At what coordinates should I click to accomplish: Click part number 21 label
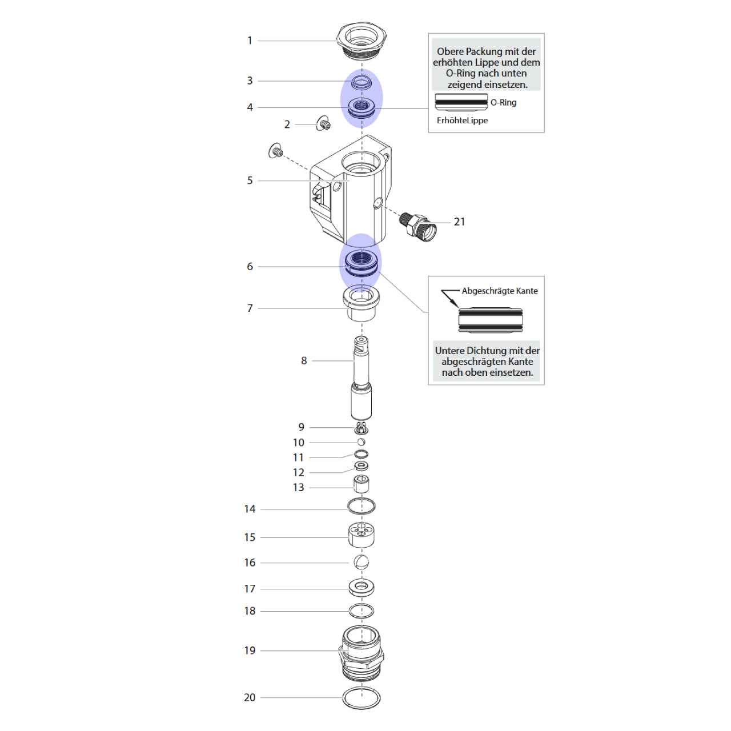tap(459, 222)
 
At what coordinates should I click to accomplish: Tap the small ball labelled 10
tap(361, 441)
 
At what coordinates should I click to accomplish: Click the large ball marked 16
tap(361, 562)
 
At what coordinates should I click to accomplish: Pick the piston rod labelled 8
tap(362, 378)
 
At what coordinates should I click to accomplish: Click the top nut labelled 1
tap(362, 41)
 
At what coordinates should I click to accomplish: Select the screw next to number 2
tap(323, 123)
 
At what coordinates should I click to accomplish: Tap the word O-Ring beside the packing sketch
tap(503, 102)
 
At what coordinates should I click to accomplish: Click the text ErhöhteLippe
tap(462, 121)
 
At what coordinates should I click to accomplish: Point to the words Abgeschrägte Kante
tap(500, 291)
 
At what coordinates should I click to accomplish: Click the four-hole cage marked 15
tap(361, 535)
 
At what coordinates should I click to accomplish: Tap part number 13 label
tap(299, 488)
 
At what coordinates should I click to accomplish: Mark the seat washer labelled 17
tap(361, 588)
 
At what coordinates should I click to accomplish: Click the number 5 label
tap(250, 180)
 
